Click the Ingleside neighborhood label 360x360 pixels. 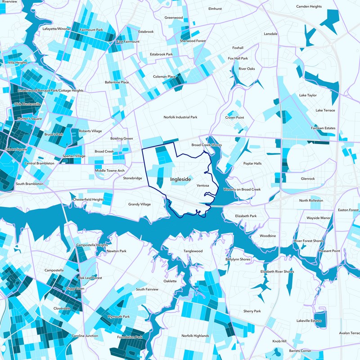180,179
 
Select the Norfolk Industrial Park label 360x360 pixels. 180,117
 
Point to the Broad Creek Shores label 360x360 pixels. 207,145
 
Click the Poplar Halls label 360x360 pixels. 252,163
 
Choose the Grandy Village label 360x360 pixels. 139,204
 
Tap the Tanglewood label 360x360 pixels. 193,251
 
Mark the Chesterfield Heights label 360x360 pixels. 88,199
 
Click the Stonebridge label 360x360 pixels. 132,178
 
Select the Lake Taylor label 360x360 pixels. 308,95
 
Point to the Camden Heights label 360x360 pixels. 309,7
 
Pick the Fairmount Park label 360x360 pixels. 92,30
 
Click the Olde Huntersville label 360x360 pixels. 27,104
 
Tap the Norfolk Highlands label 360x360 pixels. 195,336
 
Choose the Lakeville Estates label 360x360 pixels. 309,321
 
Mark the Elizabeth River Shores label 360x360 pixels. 277,272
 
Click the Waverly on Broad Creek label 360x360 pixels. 242,189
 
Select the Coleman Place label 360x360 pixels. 164,76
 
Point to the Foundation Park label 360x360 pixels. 129,337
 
